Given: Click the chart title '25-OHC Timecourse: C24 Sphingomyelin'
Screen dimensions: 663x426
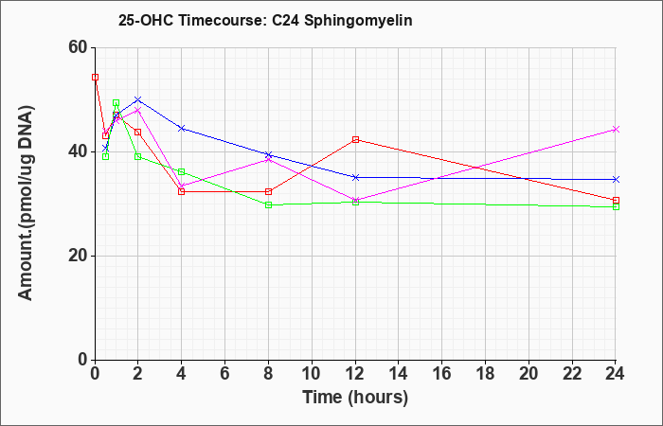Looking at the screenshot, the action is click(x=265, y=20).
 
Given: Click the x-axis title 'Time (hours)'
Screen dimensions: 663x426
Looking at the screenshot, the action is click(x=355, y=398).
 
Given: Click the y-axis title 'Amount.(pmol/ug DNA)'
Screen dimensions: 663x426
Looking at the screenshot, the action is click(x=26, y=204).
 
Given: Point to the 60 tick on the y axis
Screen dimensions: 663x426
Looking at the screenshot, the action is click(x=79, y=47).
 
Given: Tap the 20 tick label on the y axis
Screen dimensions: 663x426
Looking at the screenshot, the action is click(x=79, y=256).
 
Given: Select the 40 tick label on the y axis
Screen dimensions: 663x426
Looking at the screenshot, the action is click(x=79, y=151).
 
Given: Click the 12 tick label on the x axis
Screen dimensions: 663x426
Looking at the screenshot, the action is click(x=355, y=374).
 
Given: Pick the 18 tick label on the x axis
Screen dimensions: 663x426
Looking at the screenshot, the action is click(x=485, y=374).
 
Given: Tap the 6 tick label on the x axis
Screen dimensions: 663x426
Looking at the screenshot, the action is click(x=225, y=374).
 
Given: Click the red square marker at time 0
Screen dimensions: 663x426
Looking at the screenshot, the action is click(x=95, y=77).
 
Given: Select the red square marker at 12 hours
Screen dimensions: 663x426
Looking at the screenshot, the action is click(x=355, y=139).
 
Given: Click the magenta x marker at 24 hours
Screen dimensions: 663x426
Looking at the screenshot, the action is click(x=616, y=130).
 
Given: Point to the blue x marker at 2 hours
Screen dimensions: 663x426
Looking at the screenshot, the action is click(x=138, y=99).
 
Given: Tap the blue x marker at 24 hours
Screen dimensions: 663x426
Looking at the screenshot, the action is click(x=616, y=180).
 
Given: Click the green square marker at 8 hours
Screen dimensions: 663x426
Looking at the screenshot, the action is click(x=268, y=205).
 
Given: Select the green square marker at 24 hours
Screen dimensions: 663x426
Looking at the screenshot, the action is click(x=616, y=206).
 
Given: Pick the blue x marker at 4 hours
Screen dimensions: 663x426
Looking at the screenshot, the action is click(x=182, y=128).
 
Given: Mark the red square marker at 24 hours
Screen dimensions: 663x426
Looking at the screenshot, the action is click(x=616, y=201).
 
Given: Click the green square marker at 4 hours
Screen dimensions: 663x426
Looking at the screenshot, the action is click(x=182, y=171).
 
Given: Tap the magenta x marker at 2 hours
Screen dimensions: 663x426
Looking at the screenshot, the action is click(x=138, y=110).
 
